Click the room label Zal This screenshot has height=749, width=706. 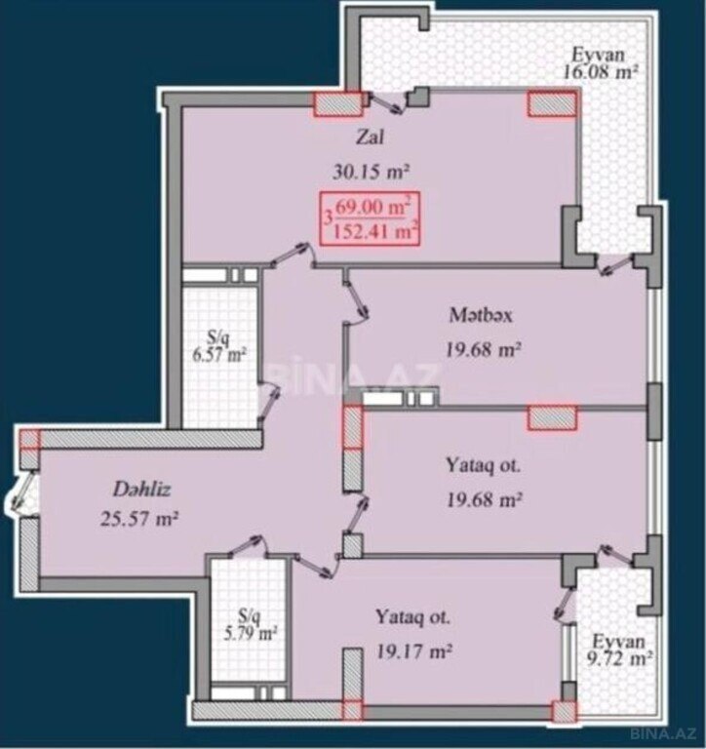(370, 138)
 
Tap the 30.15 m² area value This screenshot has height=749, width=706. (372, 172)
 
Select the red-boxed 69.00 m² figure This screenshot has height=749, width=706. (373, 208)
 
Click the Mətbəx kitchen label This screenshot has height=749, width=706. (481, 316)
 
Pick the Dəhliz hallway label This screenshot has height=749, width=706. (141, 490)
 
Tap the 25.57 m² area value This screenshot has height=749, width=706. (139, 518)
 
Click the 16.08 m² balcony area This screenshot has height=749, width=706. (601, 72)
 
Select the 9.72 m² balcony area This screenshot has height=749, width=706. (619, 659)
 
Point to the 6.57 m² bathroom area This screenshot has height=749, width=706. (219, 354)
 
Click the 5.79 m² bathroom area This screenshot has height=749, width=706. (251, 634)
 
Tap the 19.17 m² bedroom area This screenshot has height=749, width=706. (414, 650)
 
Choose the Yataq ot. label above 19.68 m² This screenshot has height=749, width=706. (484, 465)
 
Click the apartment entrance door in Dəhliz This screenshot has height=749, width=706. (20, 491)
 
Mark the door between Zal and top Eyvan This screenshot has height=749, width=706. (387, 102)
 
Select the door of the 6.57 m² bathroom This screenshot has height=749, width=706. (268, 402)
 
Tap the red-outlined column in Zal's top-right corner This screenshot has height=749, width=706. (552, 104)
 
